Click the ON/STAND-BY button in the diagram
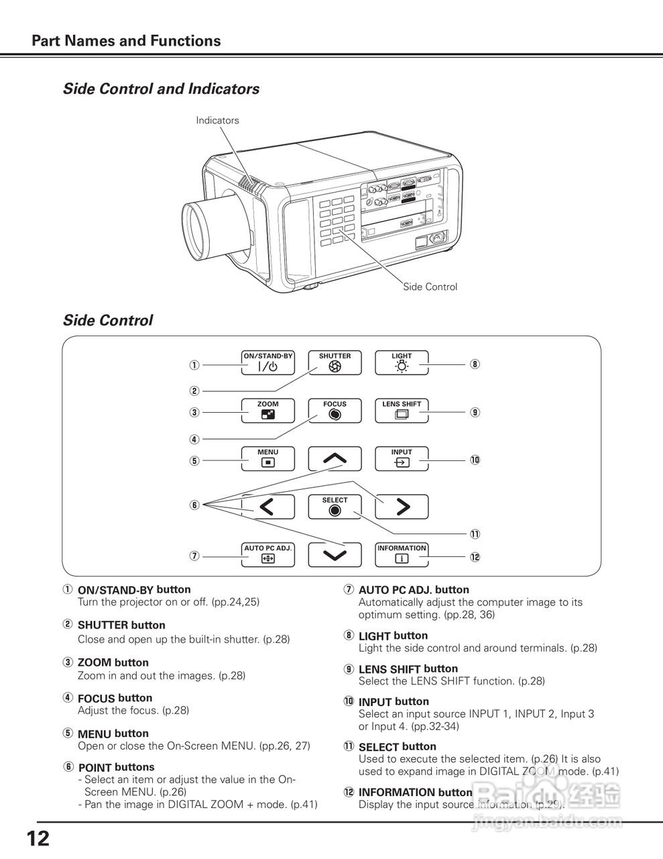[x=267, y=363]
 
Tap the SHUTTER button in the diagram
[x=335, y=363]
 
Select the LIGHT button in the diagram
[x=402, y=363]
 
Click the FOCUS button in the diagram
[x=335, y=411]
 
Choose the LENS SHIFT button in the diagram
[x=402, y=411]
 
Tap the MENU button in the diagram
[x=267, y=459]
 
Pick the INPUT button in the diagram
[x=402, y=459]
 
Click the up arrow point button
[x=335, y=459]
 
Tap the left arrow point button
[x=267, y=507]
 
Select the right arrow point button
[x=402, y=507]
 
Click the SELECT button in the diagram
[x=335, y=507]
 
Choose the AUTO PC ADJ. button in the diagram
[x=267, y=555]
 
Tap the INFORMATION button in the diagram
[x=402, y=555]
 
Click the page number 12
[x=38, y=839]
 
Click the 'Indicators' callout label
[x=217, y=121]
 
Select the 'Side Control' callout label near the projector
[x=430, y=287]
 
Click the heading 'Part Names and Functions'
[x=126, y=41]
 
